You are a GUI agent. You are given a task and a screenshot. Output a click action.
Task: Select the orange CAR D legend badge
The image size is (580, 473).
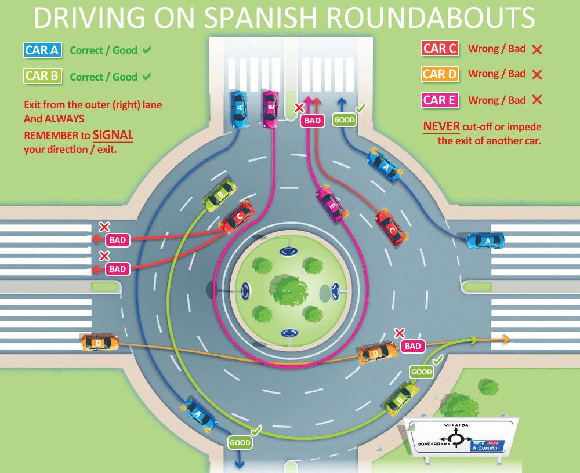[x=440, y=74]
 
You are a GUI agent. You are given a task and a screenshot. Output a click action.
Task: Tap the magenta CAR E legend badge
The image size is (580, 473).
[x=440, y=100]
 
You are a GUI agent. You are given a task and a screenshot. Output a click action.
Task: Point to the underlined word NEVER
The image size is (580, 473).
[x=441, y=127]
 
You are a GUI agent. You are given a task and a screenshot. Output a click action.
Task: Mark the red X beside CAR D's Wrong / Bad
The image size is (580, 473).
[x=536, y=75]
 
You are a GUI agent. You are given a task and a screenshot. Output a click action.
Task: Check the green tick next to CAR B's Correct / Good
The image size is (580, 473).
[x=147, y=77]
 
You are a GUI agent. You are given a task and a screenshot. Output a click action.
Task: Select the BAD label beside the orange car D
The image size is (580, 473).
[x=412, y=346]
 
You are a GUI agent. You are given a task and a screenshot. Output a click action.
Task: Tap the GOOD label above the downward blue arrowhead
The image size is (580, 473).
[x=240, y=443]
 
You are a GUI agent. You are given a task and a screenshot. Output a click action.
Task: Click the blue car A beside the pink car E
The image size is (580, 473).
[x=239, y=108]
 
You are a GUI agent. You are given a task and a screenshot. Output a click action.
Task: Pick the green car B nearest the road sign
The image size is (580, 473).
[x=401, y=396]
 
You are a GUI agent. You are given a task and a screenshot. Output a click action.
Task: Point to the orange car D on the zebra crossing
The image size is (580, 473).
[x=100, y=343]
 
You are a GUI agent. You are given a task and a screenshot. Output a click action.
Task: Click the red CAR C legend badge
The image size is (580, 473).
[x=440, y=49]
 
